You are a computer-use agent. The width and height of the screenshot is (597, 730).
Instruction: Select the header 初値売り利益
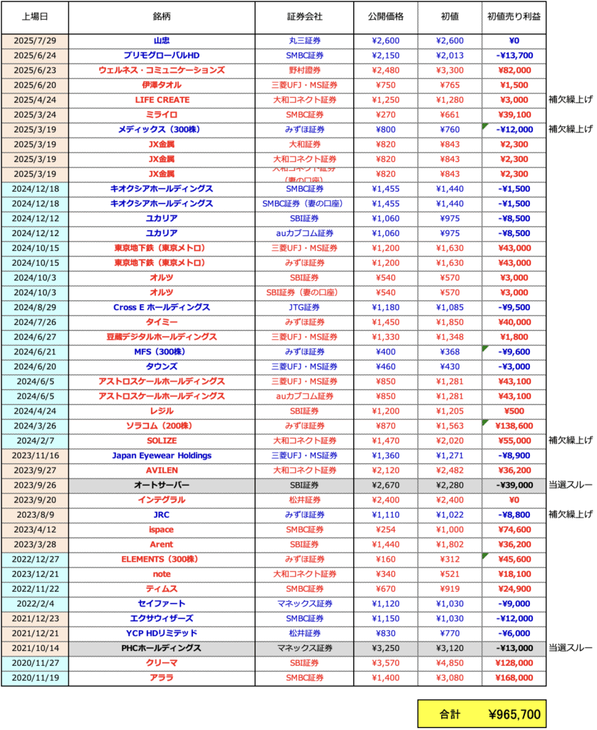(x=514, y=16)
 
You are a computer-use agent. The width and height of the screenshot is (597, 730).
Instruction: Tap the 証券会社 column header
(x=303, y=16)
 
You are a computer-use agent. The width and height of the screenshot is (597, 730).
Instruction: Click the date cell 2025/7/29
(x=35, y=41)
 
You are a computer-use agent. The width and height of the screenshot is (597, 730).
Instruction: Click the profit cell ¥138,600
(x=514, y=426)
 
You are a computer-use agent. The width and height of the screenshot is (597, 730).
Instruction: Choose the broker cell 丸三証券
(x=303, y=41)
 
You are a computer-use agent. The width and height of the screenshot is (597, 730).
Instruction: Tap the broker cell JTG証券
(x=303, y=307)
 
